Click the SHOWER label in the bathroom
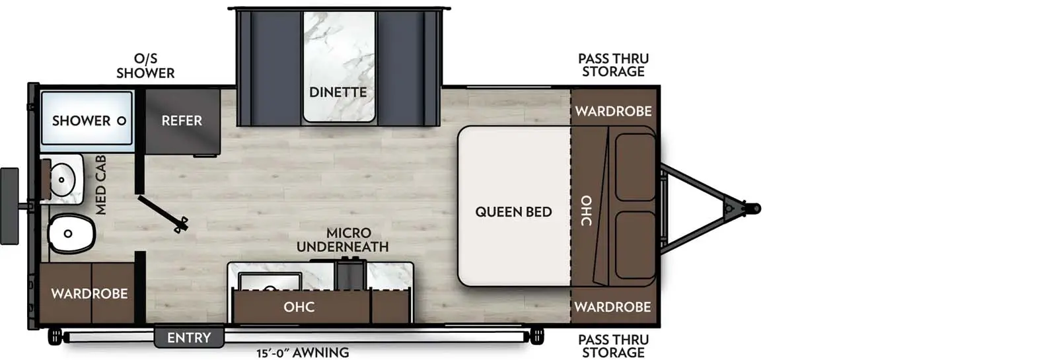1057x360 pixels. point(81,121)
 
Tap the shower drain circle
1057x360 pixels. point(122,121)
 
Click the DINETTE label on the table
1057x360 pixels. point(338,92)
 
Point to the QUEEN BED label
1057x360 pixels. point(513,212)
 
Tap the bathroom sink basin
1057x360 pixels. point(62,179)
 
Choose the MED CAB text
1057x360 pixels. point(101,185)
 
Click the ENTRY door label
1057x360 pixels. point(189,338)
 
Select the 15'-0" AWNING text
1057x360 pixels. point(303,353)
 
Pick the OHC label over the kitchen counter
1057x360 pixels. point(299,307)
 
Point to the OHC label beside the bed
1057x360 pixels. point(586,211)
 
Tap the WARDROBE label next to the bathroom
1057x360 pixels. point(89,293)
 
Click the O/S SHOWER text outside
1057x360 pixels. point(145,66)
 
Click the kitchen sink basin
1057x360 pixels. point(270,281)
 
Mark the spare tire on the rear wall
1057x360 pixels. point(9,206)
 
